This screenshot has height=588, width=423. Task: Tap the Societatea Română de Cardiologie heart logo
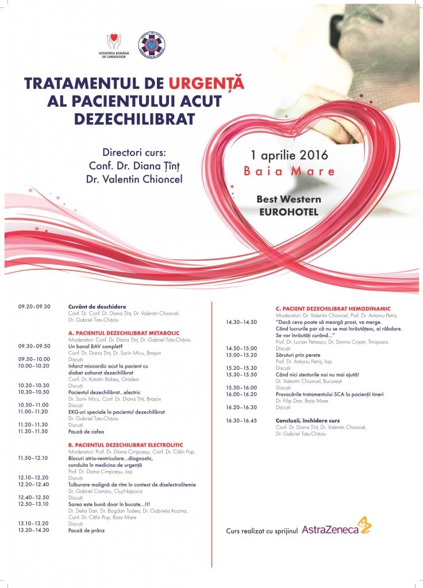click(x=114, y=42)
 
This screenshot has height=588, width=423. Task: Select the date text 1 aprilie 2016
click(x=289, y=155)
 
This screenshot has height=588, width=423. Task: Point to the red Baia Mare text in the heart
click(x=289, y=171)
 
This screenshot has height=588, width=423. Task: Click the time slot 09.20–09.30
click(x=34, y=307)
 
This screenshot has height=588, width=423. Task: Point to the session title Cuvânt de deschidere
click(x=97, y=307)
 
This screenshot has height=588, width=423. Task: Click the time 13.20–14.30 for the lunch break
click(x=34, y=530)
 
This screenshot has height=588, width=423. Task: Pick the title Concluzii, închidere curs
click(x=307, y=420)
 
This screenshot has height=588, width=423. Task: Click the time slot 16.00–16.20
click(x=241, y=394)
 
